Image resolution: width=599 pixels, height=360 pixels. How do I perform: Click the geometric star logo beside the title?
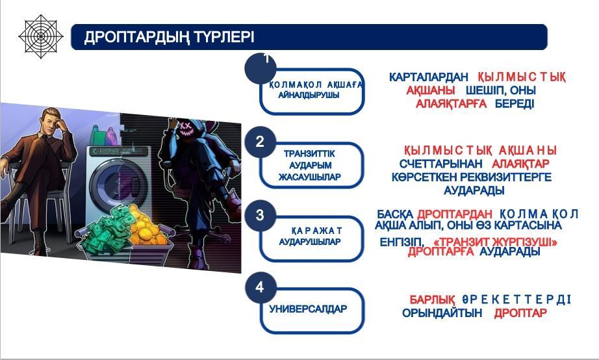[41, 36]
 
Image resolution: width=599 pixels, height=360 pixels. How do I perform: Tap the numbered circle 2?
[260, 142]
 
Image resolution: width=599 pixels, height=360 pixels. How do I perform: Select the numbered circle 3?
[260, 215]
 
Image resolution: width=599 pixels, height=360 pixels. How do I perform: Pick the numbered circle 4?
[260, 287]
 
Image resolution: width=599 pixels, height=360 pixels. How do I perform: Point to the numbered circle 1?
[261, 68]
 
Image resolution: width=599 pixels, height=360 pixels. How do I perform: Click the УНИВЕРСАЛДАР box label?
[308, 309]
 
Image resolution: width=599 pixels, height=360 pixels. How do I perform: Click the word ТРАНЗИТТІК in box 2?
[309, 153]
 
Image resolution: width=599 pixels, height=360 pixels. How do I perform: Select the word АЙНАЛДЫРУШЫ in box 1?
[309, 95]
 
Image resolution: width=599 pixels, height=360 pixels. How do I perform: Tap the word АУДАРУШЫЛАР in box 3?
[309, 242]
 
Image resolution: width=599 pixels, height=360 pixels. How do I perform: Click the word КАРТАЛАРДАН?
[429, 77]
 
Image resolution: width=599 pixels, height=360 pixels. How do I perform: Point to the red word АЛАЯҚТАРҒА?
[451, 103]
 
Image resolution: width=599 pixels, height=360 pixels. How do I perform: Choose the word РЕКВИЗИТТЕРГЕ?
[506, 177]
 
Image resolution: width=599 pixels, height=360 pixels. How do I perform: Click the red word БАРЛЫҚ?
[432, 299]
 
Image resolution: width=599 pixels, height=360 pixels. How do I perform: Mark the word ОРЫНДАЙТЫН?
[442, 313]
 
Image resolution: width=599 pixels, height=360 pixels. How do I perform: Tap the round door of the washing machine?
[118, 183]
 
